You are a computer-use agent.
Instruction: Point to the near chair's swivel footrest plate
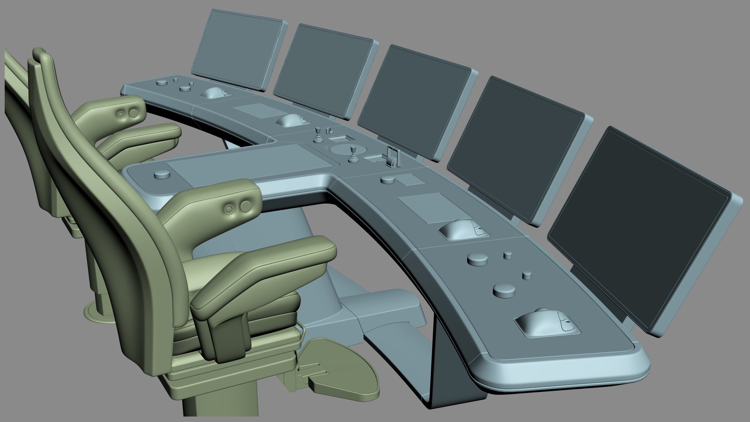[x=344, y=367]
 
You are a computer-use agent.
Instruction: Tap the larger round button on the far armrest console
[x=134, y=113]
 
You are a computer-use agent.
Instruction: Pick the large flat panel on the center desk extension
[x=250, y=160]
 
